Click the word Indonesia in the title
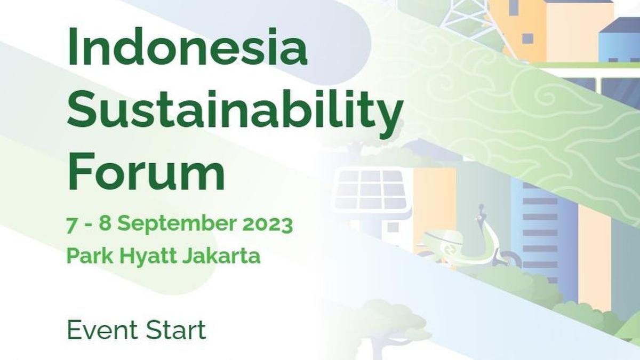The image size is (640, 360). [187, 49]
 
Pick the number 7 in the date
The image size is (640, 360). [71, 225]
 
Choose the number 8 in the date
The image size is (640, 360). [105, 225]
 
